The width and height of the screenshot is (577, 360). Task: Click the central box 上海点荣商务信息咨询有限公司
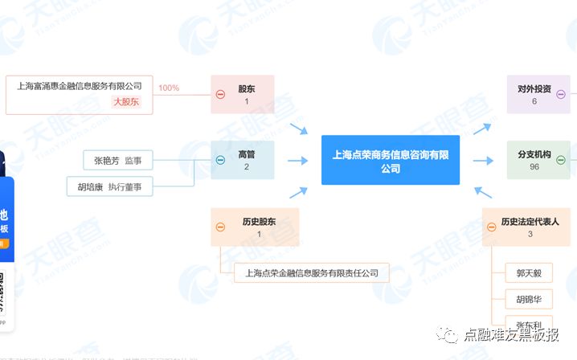click(x=391, y=160)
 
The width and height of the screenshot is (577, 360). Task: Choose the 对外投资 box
click(x=534, y=94)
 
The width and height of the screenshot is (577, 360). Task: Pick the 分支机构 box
click(x=534, y=160)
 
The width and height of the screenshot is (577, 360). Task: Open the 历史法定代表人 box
click(x=529, y=227)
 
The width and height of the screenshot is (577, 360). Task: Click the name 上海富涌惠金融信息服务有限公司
click(x=79, y=85)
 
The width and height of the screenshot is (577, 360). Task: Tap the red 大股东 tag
click(x=125, y=102)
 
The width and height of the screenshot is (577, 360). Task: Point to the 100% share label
click(x=169, y=88)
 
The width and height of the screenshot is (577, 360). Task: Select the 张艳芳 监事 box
click(x=117, y=161)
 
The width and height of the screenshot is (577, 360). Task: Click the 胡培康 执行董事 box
click(x=109, y=186)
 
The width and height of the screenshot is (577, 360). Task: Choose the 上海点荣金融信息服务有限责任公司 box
click(x=312, y=273)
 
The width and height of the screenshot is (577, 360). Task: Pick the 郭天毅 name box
click(x=529, y=273)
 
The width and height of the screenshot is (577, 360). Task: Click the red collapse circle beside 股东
click(x=220, y=95)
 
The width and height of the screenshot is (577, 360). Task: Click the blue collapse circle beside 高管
click(x=220, y=160)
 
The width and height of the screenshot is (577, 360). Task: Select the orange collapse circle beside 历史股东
click(x=220, y=227)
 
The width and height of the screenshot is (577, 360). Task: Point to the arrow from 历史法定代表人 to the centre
click(x=482, y=194)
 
